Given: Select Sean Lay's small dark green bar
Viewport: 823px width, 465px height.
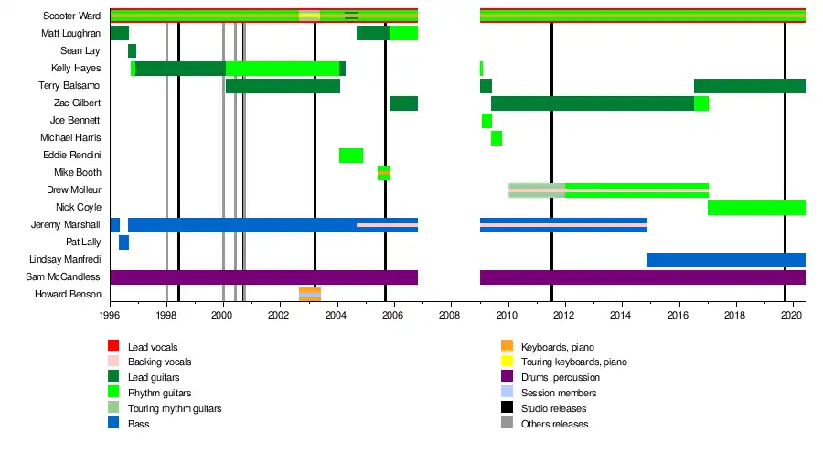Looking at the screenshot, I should [x=132, y=51].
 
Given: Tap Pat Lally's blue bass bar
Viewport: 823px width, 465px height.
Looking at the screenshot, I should [x=123, y=243].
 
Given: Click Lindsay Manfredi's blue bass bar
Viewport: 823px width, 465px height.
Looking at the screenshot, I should [x=725, y=260].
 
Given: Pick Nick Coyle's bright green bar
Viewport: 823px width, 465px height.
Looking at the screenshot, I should [x=756, y=208].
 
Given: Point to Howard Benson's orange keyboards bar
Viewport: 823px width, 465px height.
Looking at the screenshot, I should [x=310, y=295].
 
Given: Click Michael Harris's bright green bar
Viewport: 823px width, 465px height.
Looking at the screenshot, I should [x=496, y=138].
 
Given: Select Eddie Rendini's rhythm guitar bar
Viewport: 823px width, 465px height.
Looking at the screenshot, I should [x=351, y=156].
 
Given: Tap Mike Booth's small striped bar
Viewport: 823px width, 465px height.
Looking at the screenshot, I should [x=384, y=173].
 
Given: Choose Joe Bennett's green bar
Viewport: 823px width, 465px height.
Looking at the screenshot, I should [x=486, y=121].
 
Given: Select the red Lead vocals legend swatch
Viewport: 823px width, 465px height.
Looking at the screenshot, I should [x=113, y=347].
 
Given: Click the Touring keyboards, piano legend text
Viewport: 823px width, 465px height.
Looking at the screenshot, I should [x=574, y=362].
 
